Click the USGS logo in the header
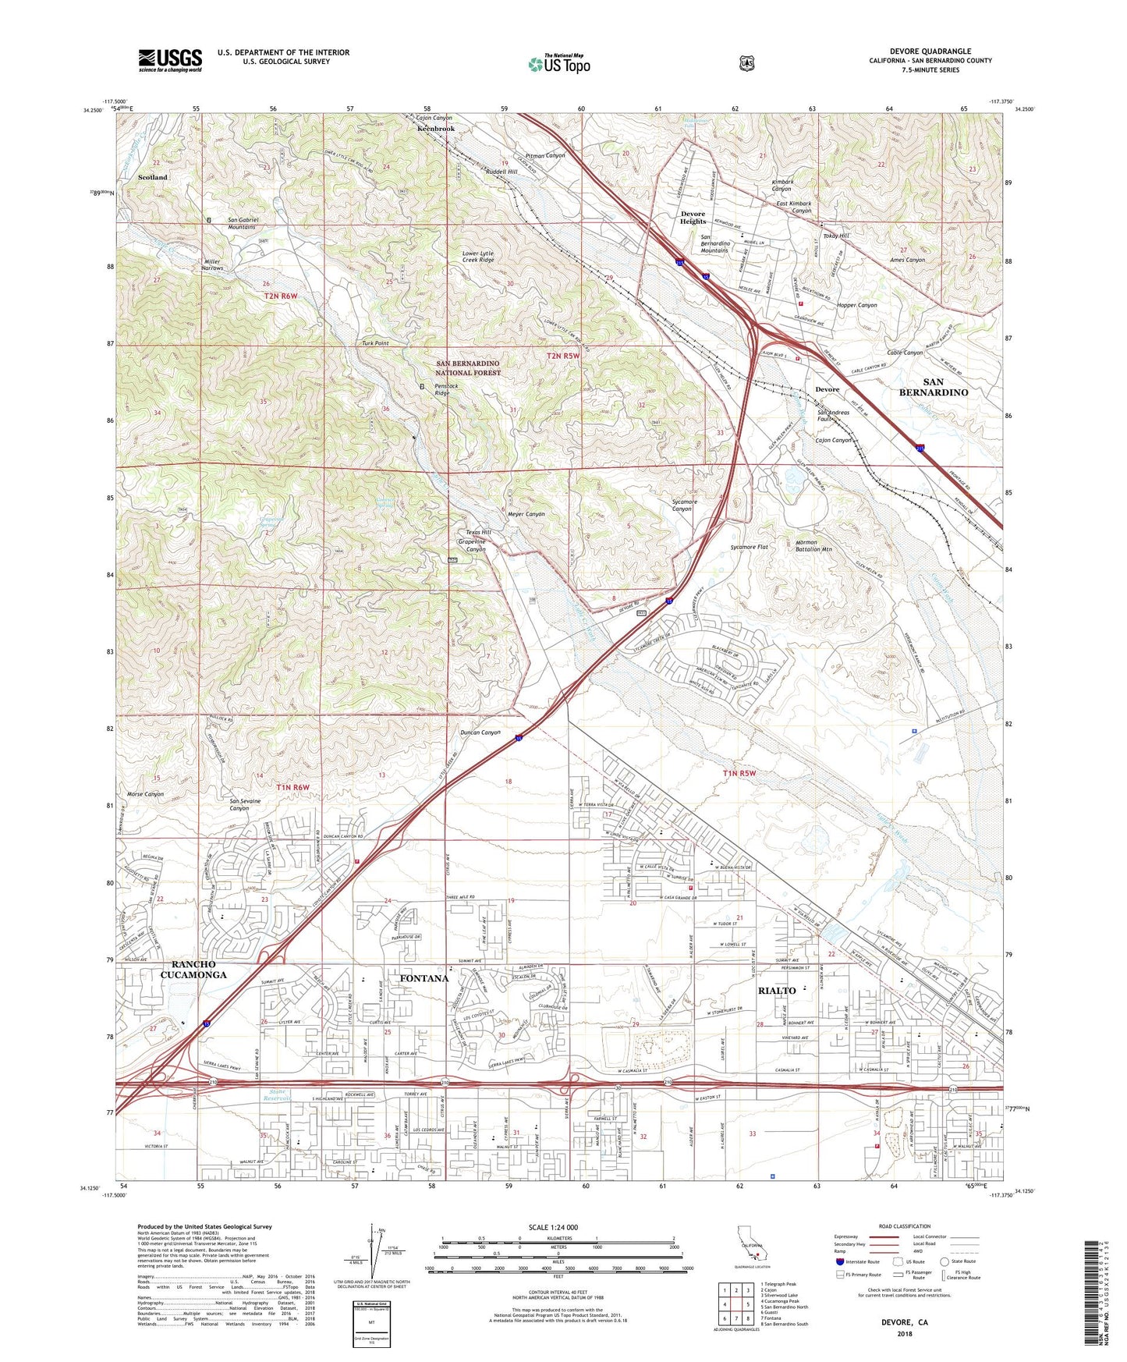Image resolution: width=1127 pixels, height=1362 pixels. click(170, 60)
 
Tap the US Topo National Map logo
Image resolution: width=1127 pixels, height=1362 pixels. click(558, 64)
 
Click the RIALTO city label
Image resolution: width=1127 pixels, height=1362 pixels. click(777, 990)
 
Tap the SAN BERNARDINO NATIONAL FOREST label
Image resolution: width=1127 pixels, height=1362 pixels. click(468, 368)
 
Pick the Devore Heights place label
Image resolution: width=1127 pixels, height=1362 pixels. click(693, 217)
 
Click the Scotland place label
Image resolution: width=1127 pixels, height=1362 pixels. click(153, 177)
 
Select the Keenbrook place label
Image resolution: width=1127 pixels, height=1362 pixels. click(435, 128)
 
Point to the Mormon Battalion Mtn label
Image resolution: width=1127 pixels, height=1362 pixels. click(813, 545)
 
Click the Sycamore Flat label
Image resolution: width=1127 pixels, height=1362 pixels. click(749, 547)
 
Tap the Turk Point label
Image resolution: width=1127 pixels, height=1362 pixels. click(375, 343)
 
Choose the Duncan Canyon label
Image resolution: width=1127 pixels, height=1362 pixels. click(480, 732)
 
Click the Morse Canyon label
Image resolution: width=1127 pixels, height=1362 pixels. click(145, 794)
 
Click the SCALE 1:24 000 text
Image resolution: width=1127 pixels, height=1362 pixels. click(553, 1227)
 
